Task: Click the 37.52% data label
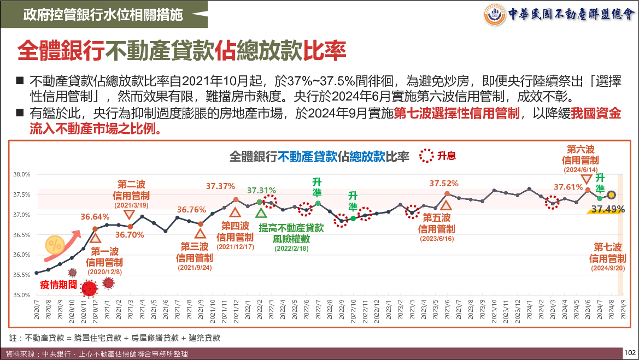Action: coord(444,184)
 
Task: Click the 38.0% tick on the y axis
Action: coord(21,174)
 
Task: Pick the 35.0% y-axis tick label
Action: coord(21,295)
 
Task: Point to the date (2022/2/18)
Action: coord(291,248)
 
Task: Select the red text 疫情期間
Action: coord(58,285)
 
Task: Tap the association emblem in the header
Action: coord(495,14)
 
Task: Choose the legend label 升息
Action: coord(446,156)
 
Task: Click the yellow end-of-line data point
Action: coord(611,195)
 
